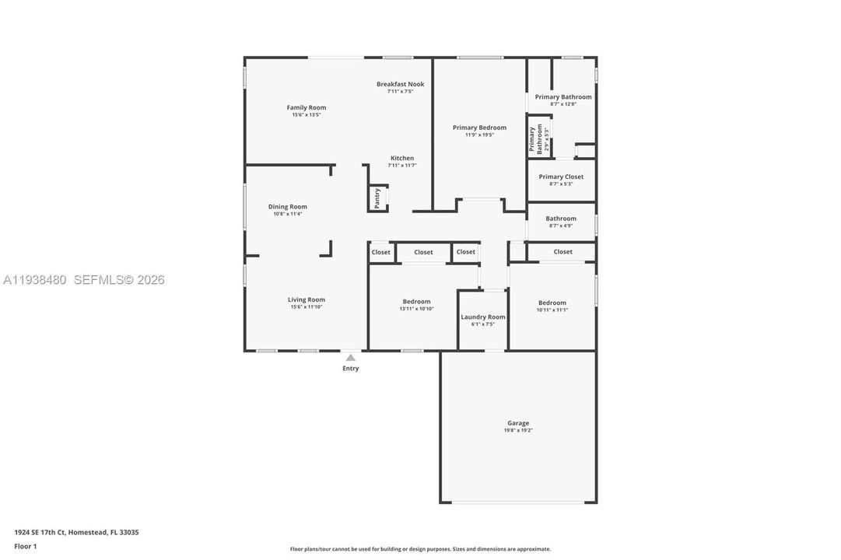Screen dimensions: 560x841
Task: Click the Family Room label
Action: click(x=306, y=107)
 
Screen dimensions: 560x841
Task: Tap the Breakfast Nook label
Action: click(x=400, y=84)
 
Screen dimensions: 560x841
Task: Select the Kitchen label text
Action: click(x=401, y=158)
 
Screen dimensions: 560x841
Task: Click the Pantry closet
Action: click(x=377, y=198)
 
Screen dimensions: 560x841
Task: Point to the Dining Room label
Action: click(x=287, y=207)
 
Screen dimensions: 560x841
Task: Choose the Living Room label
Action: click(x=306, y=299)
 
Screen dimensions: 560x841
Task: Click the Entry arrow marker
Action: click(x=351, y=358)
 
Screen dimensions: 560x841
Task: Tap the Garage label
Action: click(x=518, y=423)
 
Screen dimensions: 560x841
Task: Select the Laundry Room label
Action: click(x=483, y=317)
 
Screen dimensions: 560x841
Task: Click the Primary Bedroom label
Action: click(x=479, y=128)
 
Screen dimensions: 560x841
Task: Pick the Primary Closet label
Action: click(x=561, y=177)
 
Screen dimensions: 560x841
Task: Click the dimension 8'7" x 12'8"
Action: click(x=562, y=104)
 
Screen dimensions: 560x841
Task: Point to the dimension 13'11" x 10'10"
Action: click(x=416, y=309)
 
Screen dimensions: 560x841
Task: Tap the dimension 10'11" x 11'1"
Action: click(x=552, y=310)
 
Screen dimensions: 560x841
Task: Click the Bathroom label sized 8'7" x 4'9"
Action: click(x=561, y=219)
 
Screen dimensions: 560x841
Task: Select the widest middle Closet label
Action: click(x=423, y=252)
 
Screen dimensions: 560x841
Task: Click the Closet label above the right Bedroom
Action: click(x=562, y=251)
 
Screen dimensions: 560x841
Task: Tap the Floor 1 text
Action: click(x=25, y=546)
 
